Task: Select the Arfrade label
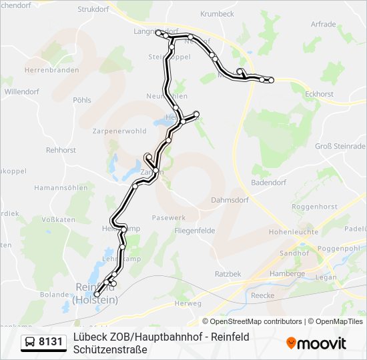click(323, 24)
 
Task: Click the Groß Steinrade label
click(340, 147)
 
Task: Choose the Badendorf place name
click(268, 182)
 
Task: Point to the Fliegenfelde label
click(195, 231)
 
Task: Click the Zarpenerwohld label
click(119, 131)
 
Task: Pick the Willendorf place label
click(22, 91)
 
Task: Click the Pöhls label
click(82, 100)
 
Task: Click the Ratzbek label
click(228, 273)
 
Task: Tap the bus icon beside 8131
click(30, 343)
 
